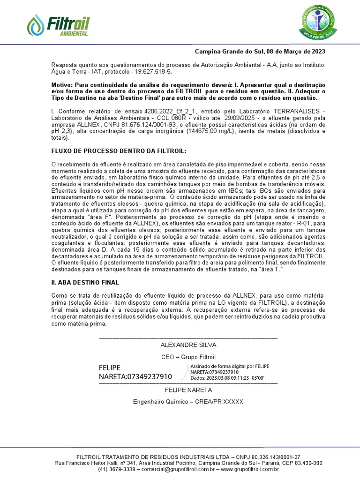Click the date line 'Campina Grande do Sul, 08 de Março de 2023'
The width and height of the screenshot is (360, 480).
pos(260,52)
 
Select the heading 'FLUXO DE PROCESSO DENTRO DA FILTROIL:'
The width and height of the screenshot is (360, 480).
pos(118,151)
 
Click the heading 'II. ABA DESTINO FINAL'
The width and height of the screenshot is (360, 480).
pos(85,283)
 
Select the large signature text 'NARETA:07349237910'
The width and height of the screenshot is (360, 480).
pos(135,376)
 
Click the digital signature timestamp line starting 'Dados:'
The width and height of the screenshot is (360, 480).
pos(227,377)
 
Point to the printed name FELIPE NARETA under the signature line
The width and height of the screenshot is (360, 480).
pos(188,390)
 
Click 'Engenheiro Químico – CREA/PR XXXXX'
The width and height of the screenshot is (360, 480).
pos(188,402)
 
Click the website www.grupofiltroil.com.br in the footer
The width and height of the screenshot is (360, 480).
pos(250,469)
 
